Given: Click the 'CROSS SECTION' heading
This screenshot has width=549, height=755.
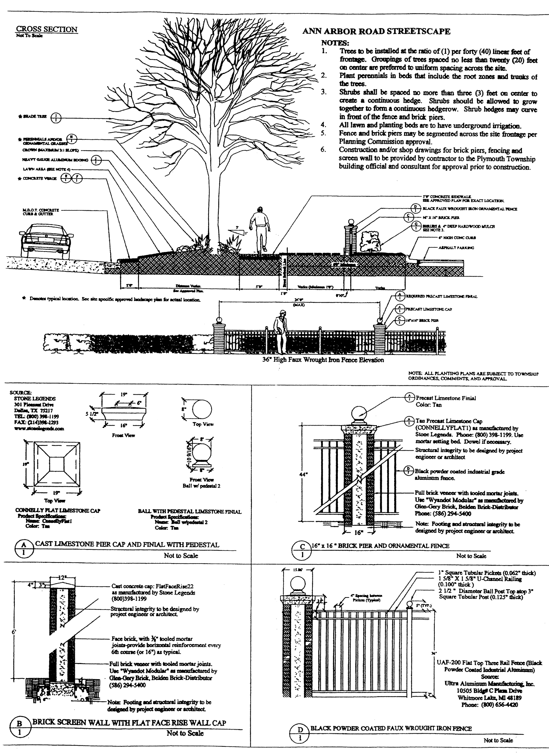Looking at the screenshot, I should [x=47, y=30].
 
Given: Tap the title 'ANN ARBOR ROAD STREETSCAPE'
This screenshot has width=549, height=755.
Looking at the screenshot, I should [x=376, y=32].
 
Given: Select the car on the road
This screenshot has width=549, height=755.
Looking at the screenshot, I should [x=46, y=240].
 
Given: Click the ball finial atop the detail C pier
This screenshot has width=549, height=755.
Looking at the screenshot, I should [x=359, y=412].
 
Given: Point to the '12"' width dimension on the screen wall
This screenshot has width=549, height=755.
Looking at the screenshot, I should [x=62, y=578].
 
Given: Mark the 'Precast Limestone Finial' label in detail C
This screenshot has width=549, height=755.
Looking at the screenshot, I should [x=446, y=398].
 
